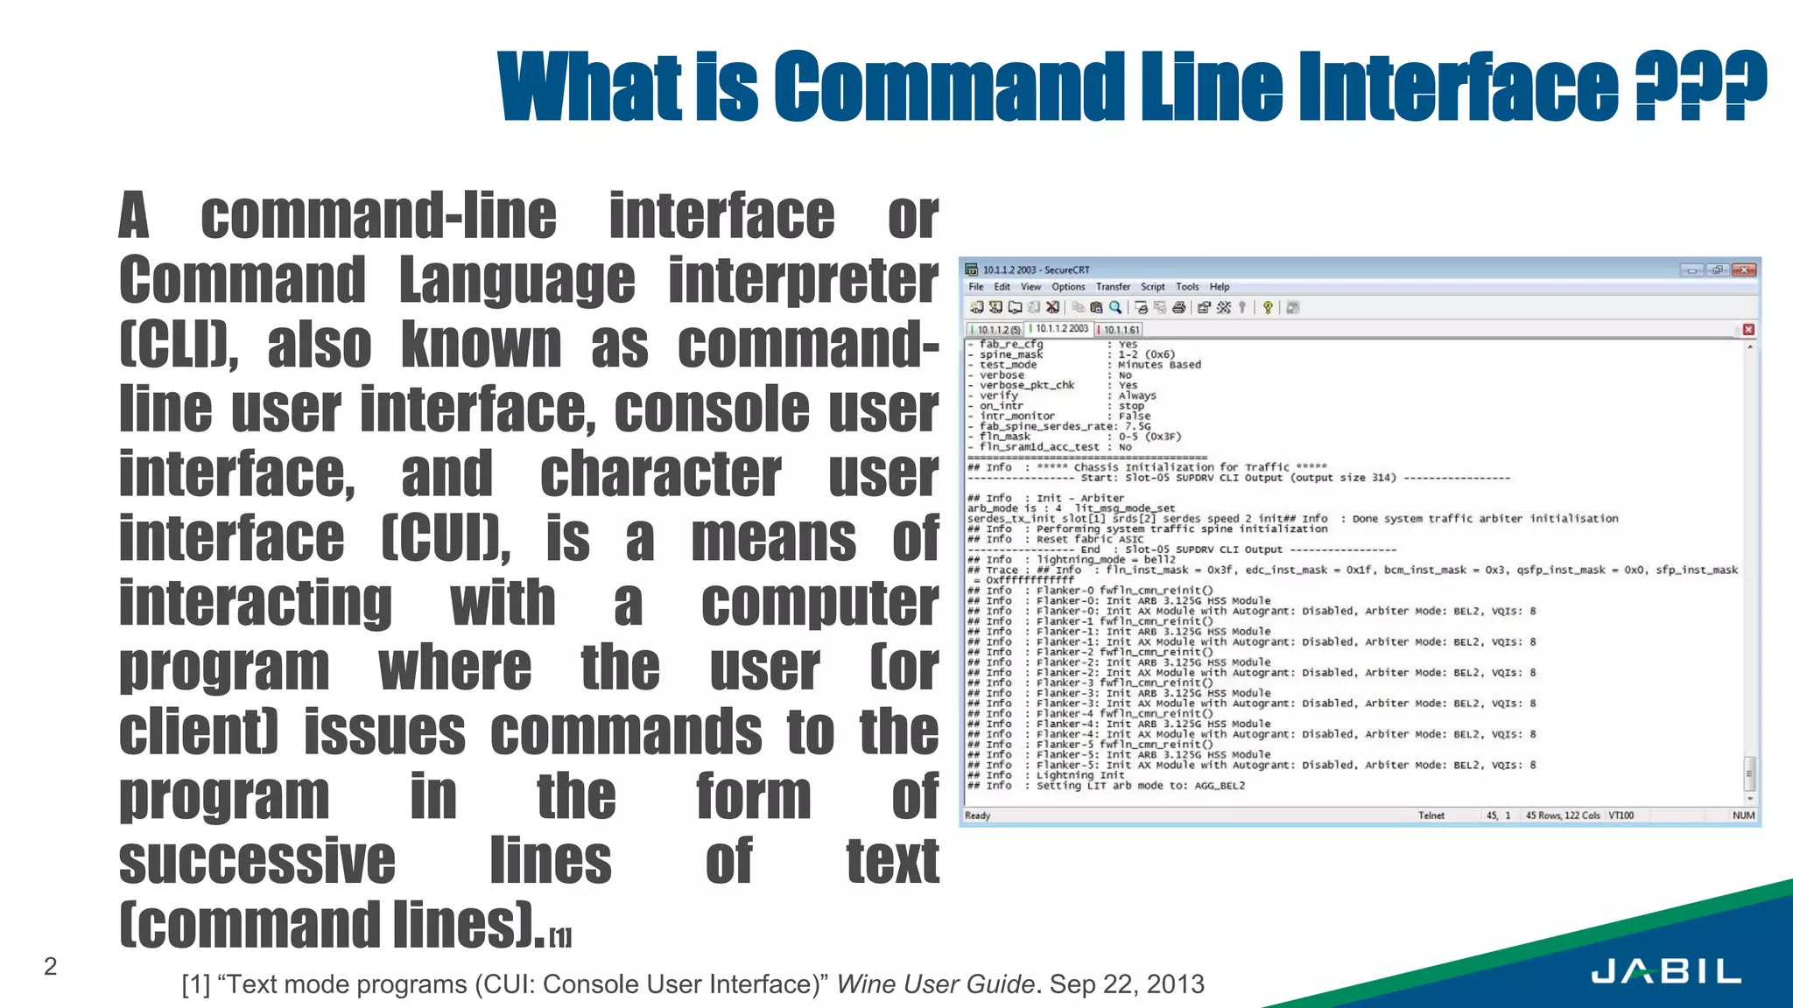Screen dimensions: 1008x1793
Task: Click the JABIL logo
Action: tap(1665, 971)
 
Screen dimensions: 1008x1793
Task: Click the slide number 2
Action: tap(51, 966)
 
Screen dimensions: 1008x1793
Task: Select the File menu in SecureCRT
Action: tap(975, 287)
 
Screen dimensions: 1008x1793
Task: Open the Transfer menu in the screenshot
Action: tap(1113, 287)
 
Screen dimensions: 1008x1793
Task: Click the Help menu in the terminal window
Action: tap(1220, 287)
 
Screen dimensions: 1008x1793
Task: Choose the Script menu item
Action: tap(1152, 287)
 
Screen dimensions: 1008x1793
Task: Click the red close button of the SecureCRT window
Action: tap(1746, 269)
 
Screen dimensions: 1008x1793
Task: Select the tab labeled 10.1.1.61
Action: tap(1121, 330)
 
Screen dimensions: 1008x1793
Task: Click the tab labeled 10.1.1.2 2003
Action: tap(1062, 329)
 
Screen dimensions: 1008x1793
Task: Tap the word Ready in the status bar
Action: tap(977, 815)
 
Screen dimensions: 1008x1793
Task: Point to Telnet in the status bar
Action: tap(1431, 815)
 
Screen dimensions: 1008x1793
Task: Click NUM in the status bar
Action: tap(1743, 815)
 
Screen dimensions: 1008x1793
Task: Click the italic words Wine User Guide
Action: tap(935, 984)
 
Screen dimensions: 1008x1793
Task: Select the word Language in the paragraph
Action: tap(517, 280)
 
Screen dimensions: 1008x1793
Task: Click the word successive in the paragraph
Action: tap(257, 861)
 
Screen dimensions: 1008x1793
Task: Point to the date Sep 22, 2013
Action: tap(1127, 984)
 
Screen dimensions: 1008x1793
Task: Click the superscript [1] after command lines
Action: tap(560, 938)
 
